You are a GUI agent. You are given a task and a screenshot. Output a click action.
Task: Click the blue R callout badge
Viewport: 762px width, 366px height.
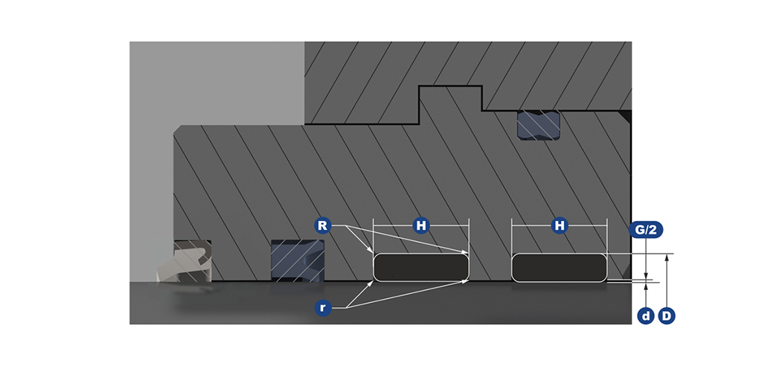pyautogui.click(x=321, y=225)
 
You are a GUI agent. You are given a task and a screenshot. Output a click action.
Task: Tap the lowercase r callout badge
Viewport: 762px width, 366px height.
pyautogui.click(x=323, y=308)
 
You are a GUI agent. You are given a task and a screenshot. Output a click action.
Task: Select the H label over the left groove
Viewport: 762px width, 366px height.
pyautogui.click(x=421, y=225)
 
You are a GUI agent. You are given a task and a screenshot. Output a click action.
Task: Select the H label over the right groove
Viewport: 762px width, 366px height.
pyautogui.click(x=560, y=225)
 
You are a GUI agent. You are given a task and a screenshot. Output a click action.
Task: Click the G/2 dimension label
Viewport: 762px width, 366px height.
pyautogui.click(x=646, y=230)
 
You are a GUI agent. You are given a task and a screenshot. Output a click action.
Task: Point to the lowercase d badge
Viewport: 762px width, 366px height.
pyautogui.click(x=646, y=316)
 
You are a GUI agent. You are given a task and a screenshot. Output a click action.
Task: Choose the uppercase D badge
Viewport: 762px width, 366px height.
pyautogui.click(x=667, y=316)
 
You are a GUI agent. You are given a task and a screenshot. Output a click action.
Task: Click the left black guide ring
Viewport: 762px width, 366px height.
pyautogui.click(x=421, y=267)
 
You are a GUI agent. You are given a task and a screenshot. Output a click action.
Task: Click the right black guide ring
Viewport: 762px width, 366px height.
pyautogui.click(x=560, y=267)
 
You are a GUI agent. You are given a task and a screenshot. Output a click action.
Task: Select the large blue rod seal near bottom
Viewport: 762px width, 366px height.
pyautogui.click(x=298, y=260)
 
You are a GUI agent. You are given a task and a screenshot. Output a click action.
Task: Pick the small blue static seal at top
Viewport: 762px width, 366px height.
pyautogui.click(x=539, y=126)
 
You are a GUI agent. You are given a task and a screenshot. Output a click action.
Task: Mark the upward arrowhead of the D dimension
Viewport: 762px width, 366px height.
pyautogui.click(x=667, y=257)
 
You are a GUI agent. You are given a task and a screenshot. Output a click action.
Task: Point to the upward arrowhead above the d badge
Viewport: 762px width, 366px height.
pyautogui.click(x=646, y=286)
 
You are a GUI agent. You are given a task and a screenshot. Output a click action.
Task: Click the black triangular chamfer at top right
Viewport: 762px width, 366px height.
pyautogui.click(x=626, y=115)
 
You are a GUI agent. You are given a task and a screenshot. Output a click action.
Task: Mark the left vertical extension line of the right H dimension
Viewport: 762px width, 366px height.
pyautogui.click(x=512, y=236)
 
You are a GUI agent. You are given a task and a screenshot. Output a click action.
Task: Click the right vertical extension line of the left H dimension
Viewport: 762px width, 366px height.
pyautogui.click(x=468, y=236)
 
